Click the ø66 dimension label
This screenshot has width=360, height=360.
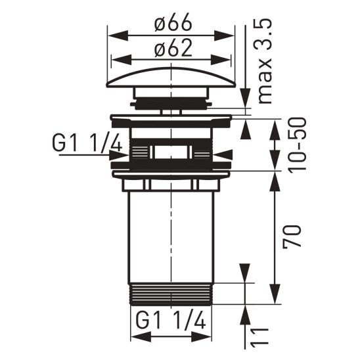click(173, 24)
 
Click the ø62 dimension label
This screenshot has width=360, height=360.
click(173, 49)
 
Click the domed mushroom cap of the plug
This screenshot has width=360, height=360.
click(171, 80)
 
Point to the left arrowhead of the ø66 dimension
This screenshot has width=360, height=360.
click(112, 35)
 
